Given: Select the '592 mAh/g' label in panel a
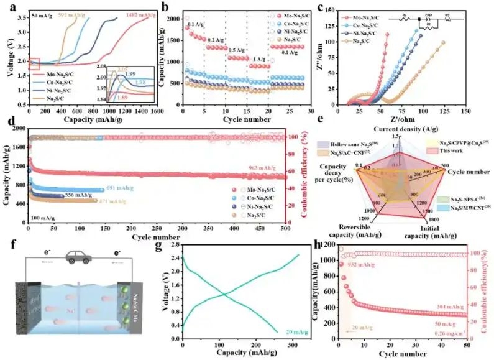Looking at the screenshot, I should point(71,13).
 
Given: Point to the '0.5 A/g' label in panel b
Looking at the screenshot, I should point(237,48).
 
